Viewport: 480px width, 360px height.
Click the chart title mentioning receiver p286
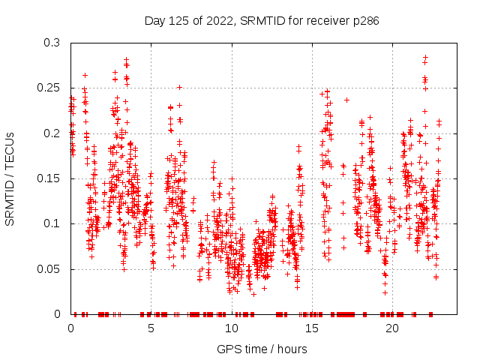261,21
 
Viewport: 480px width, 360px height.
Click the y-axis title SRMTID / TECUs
10,178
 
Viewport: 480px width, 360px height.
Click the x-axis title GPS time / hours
261,349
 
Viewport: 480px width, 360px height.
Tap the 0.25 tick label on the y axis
50,88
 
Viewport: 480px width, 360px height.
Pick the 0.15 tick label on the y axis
50,178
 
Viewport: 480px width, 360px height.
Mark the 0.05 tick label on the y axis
50,268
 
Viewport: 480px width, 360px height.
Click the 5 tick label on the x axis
151,328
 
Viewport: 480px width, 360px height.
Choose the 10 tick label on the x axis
231,328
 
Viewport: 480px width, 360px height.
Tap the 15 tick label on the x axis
311,328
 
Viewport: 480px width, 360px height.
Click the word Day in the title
155,21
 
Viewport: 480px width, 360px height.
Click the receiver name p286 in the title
365,21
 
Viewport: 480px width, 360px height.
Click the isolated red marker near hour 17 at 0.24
346,100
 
